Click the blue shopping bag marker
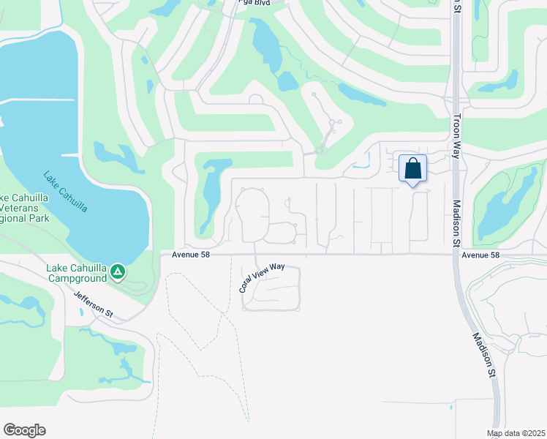pos(412,168)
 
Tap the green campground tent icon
pos(118,274)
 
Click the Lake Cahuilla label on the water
pos(65,192)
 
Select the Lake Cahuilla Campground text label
pos(81,272)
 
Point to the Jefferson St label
pos(94,304)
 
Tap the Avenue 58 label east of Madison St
pos(480,255)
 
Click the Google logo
pos(24,430)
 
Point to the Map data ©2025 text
pos(516,433)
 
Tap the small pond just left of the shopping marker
pos(361,165)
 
